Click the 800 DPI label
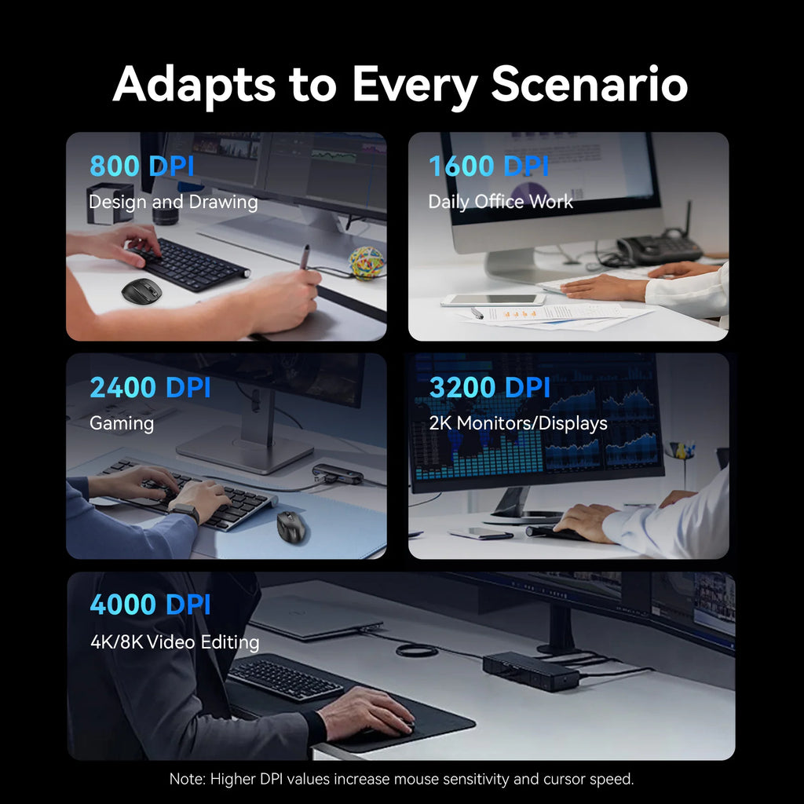[141, 166]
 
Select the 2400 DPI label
[150, 388]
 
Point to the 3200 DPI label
[490, 388]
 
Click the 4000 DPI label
[150, 605]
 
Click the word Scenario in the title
[590, 85]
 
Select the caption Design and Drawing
[173, 202]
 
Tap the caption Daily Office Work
[500, 202]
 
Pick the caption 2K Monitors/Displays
[517, 423]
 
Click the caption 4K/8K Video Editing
[174, 642]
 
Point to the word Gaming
[121, 423]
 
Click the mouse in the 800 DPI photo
[141, 291]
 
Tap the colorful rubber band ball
[367, 263]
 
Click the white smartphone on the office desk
[492, 299]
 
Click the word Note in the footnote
[186, 780]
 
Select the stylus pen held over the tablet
[305, 258]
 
